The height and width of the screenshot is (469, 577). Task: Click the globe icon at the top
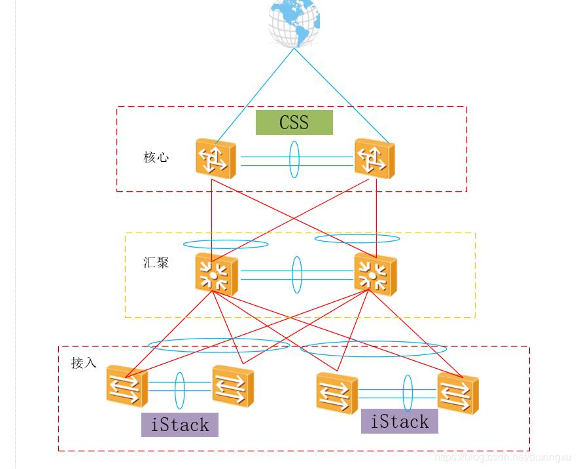click(x=294, y=22)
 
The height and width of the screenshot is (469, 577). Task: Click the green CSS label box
click(x=294, y=122)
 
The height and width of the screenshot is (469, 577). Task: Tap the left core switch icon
click(x=215, y=158)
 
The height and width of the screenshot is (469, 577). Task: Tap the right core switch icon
click(x=375, y=158)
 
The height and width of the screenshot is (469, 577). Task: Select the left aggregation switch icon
click(x=216, y=274)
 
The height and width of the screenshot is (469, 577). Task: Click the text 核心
click(x=156, y=158)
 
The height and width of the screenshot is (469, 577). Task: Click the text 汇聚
click(x=156, y=263)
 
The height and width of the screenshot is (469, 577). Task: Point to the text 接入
click(x=84, y=363)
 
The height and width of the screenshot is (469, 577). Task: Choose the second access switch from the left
click(x=233, y=386)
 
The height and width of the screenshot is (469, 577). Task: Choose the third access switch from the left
click(x=337, y=393)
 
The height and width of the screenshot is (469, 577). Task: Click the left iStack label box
click(x=180, y=424)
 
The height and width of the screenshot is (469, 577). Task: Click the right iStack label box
click(x=399, y=422)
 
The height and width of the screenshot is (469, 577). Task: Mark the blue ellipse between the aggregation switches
click(x=297, y=274)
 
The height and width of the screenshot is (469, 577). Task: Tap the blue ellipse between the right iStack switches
click(x=408, y=393)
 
